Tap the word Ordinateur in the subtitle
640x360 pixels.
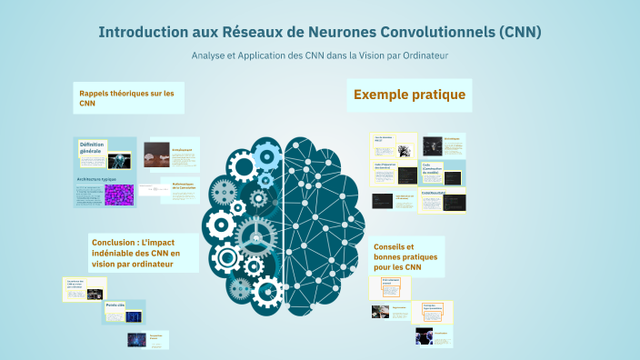(425, 55)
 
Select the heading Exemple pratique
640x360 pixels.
(409, 95)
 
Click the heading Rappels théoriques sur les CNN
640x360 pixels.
(126, 98)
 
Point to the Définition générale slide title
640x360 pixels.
(93, 147)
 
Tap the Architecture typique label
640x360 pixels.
(96, 181)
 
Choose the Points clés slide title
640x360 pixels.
(115, 305)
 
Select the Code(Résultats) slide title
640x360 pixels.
(431, 193)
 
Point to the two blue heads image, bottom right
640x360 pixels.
(424, 336)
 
